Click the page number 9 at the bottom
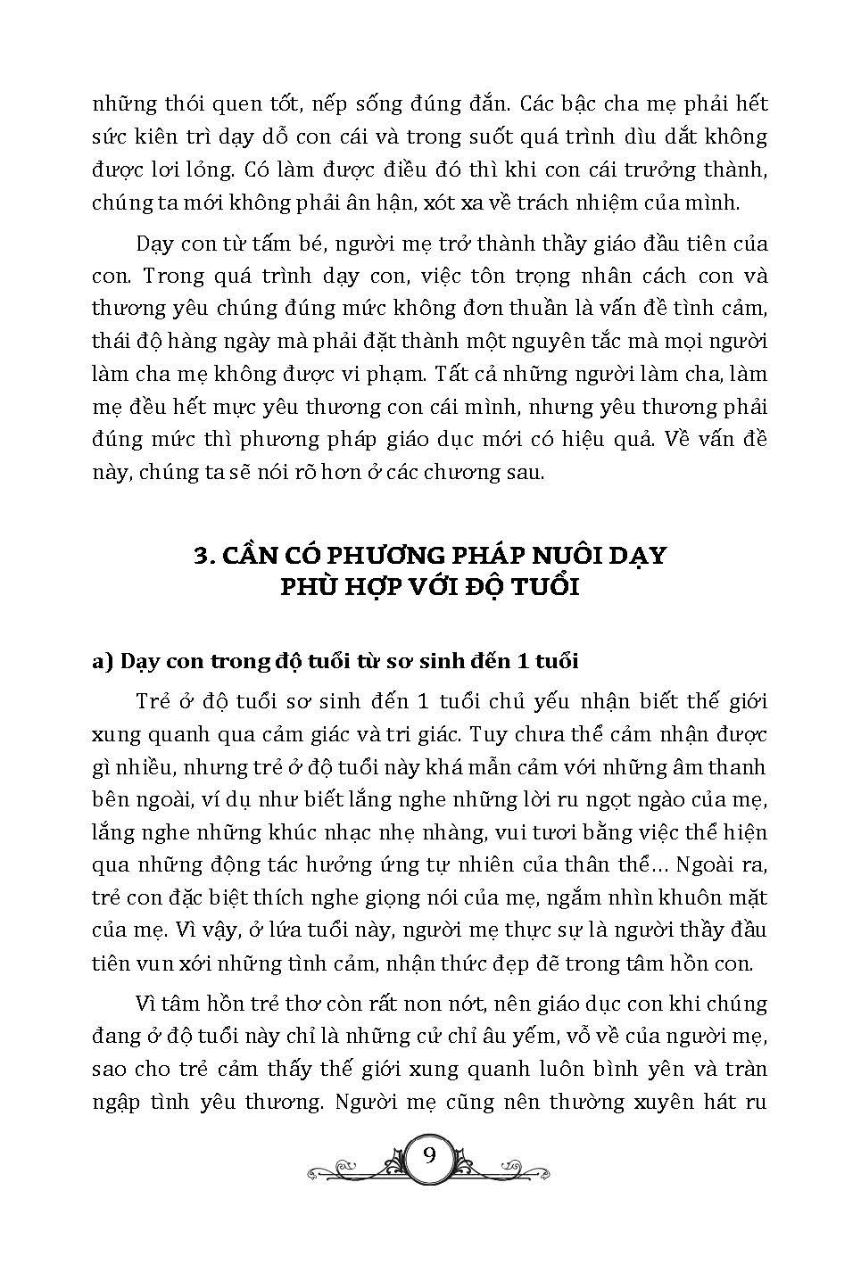pyautogui.click(x=430, y=1155)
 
